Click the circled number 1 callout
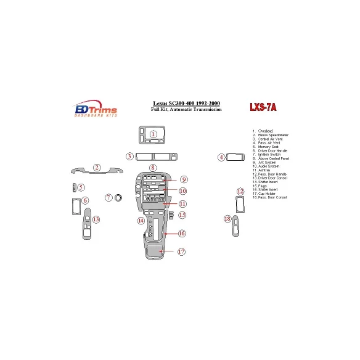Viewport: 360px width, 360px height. [153, 134]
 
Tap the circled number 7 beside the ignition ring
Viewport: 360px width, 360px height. [108, 198]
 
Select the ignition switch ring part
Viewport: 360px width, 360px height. [119, 197]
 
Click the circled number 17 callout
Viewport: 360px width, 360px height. [181, 252]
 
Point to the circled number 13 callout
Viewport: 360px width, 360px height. [96, 219]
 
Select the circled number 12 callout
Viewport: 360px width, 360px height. [240, 191]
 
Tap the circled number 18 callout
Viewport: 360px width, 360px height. [227, 219]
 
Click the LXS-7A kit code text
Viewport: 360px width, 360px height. [263, 107]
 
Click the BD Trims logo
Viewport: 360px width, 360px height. [96, 109]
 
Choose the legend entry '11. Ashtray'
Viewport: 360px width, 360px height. [262, 170]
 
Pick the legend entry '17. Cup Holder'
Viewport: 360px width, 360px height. [264, 193]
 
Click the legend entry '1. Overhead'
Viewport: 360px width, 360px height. [264, 131]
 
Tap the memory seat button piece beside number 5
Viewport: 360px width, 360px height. [74, 187]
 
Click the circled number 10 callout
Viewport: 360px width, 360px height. [182, 191]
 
